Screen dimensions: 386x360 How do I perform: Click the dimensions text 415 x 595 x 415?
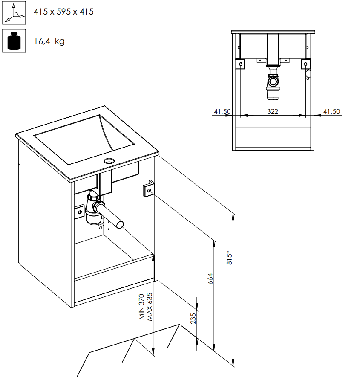pyautogui.click(x=63, y=12)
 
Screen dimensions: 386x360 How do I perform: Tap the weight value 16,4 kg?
pyautogui.click(x=49, y=41)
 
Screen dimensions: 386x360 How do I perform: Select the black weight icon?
pyautogui.click(x=14, y=41)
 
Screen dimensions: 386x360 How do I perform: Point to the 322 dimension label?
pyautogui.click(x=272, y=111)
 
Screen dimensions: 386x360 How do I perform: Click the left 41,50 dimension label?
pyautogui.click(x=222, y=111)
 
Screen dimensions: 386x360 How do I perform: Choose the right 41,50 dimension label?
pyautogui.click(x=332, y=111)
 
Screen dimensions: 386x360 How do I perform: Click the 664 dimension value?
pyautogui.click(x=210, y=278)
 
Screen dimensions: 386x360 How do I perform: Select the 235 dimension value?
pyautogui.click(x=193, y=318)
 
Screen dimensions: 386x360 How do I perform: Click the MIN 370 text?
pyautogui.click(x=142, y=306)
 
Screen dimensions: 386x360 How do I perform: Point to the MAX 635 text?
pyautogui.click(x=150, y=306)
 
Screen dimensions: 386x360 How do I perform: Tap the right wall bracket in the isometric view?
pyautogui.click(x=148, y=189)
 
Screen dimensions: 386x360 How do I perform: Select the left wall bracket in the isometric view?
pyautogui.click(x=79, y=212)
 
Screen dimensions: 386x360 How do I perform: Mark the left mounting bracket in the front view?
pyautogui.click(x=241, y=64)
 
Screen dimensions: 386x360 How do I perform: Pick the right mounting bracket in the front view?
pyautogui.click(x=305, y=64)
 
